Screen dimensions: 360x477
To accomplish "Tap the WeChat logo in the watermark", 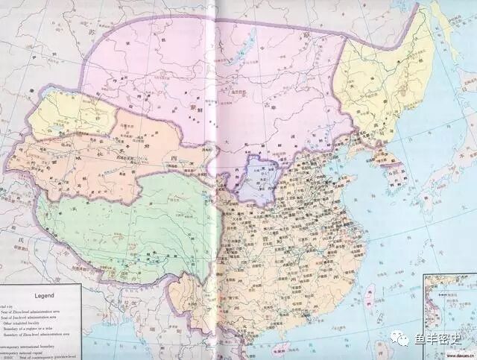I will point(402,340).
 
